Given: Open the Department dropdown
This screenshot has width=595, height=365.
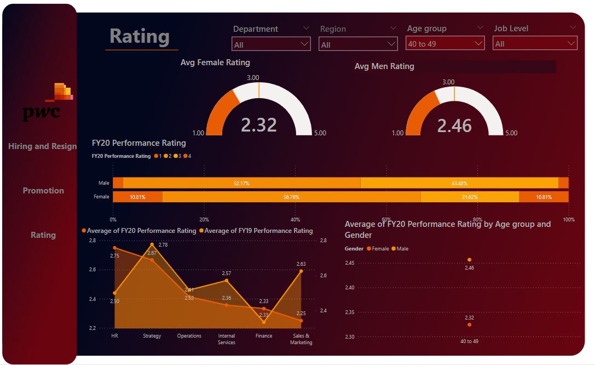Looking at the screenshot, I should point(271,44).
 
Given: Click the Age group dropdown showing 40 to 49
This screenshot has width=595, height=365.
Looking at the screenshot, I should point(445,43).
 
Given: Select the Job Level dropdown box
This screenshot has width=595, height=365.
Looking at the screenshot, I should point(535,43).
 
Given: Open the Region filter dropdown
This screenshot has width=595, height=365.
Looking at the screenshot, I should point(358,44).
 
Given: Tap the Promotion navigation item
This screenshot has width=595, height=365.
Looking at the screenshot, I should point(43,191).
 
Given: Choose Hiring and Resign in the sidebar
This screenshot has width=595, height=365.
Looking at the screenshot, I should point(42,146).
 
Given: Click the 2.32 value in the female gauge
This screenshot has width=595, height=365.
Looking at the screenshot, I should point(259,125).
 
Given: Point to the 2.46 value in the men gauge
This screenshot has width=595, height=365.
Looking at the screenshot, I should point(454,126).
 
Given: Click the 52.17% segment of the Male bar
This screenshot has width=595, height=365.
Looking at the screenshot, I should point(241,183).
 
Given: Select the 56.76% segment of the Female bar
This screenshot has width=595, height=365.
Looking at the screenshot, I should point(291,197).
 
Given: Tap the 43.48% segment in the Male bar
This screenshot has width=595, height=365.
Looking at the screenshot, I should point(459,183).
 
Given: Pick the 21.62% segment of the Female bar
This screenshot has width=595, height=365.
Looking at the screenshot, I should point(469,197).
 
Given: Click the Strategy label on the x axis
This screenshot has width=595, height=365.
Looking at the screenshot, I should point(152,336).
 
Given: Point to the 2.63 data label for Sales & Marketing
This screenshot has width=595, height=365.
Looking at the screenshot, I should point(301,264).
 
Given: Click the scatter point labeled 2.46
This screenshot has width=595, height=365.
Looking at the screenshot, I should point(469,260).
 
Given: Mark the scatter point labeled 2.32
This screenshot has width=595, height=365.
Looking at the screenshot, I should point(469,325).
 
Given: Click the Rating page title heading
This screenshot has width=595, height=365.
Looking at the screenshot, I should point(140,37).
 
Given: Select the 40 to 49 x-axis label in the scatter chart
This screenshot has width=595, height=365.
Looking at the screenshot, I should point(469,341).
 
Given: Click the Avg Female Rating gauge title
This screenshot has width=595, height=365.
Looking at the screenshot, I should point(215,62).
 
